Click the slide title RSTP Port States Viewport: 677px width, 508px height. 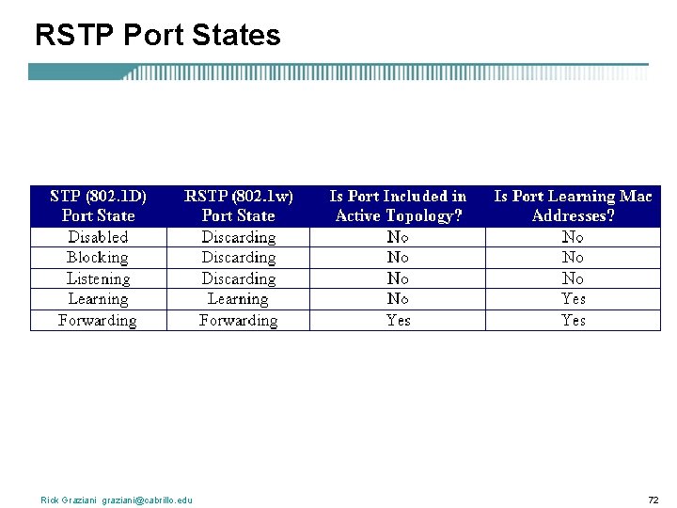157,36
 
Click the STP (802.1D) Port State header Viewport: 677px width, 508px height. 98,206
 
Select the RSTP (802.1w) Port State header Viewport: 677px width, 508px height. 238,206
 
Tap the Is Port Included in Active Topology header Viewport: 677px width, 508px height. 398,206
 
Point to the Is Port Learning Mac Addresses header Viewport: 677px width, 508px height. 573,206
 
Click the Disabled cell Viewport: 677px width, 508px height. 98,237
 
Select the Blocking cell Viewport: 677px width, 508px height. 98,258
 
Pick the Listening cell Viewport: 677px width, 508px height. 98,278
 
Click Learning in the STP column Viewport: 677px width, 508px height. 98,299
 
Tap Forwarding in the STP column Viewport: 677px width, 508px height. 98,320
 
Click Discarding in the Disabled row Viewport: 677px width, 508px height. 238,237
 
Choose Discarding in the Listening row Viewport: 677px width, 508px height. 238,278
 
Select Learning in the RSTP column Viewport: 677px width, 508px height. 238,299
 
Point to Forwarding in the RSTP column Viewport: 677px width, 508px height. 238,320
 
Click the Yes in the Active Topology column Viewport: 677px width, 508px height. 398,320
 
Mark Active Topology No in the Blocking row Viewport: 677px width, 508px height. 398,258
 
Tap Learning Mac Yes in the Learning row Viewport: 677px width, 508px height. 573,299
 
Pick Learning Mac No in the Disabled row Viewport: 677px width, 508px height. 573,237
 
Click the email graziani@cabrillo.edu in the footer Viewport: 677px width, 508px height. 148,500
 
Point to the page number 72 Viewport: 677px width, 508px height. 653,500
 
